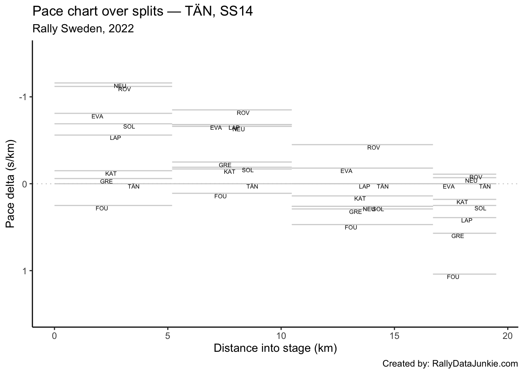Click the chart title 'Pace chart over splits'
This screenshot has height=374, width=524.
pos(143,11)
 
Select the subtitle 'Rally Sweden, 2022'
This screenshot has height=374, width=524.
pos(83,29)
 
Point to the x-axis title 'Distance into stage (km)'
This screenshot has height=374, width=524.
pos(275,348)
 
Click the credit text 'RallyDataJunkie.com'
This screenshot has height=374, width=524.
pos(475,364)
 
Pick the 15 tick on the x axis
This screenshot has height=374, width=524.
pos(394,335)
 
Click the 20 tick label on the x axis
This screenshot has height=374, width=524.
pos(507,335)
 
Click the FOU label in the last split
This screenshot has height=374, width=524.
pos(453,277)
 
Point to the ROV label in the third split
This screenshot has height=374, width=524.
pos(374,148)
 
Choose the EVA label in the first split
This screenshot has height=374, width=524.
pos(97,116)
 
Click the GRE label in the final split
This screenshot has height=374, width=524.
pos(458,236)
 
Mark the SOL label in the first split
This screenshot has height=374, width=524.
pos(129,127)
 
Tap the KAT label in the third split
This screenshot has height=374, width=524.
pos(360,199)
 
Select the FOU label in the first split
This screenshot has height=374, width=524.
pos(102,208)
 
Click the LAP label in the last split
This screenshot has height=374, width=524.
pos(467,221)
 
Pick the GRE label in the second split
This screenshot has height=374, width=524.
pos(225,165)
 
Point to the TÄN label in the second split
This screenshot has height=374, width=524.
pos(252,187)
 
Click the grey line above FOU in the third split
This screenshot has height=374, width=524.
pos(362,224)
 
